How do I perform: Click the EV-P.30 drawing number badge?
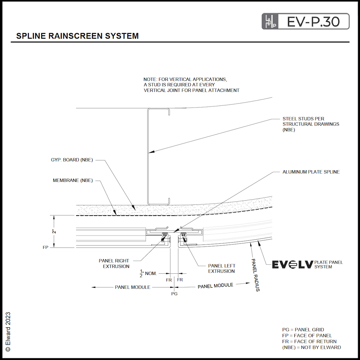click(305, 21)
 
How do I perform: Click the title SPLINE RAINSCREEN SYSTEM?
click(78, 36)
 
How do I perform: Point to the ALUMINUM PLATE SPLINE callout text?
click(311, 172)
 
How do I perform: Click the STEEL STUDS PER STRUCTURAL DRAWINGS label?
click(310, 124)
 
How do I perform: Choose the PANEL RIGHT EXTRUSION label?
click(114, 263)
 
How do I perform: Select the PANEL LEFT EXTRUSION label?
click(221, 268)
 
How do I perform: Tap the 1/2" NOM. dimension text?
click(148, 273)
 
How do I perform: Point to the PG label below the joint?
click(174, 294)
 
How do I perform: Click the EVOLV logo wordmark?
click(292, 264)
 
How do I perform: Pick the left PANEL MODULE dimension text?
click(132, 287)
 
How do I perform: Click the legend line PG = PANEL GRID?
click(303, 330)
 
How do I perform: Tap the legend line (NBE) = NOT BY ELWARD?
click(311, 347)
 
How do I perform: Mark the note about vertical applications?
click(191, 85)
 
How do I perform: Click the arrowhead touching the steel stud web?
click(149, 152)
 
